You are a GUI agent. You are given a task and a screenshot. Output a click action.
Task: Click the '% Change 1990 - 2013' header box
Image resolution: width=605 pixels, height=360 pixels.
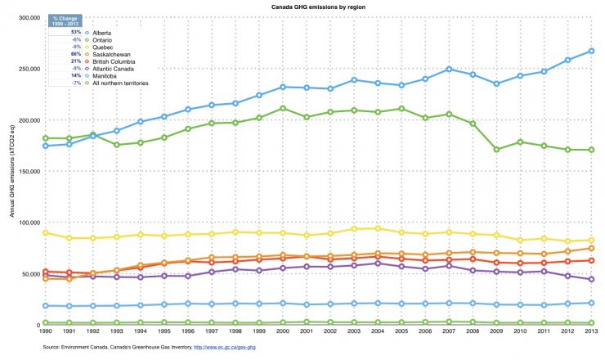65,20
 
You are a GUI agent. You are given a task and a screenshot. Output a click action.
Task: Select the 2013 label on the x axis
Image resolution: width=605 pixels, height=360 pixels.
591,332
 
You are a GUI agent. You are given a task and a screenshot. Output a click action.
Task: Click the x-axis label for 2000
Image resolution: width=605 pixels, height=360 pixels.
282,332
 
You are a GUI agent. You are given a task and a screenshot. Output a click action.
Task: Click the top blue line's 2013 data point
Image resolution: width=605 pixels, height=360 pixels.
591,51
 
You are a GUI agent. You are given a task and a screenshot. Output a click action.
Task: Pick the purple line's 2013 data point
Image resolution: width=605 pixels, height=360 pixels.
591,279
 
